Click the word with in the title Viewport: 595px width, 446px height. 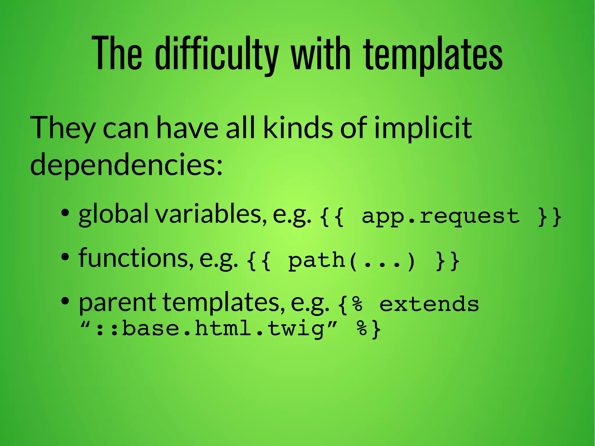click(x=321, y=54)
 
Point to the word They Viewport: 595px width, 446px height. click(x=63, y=128)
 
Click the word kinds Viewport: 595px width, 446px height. click(x=298, y=128)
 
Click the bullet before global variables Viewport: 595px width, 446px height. click(x=65, y=213)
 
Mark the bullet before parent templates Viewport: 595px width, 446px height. click(x=65, y=301)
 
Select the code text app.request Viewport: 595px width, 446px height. click(x=440, y=216)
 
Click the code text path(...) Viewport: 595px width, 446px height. click(x=352, y=261)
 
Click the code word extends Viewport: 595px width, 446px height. click(x=429, y=305)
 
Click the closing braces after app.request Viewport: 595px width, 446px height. click(x=549, y=216)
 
